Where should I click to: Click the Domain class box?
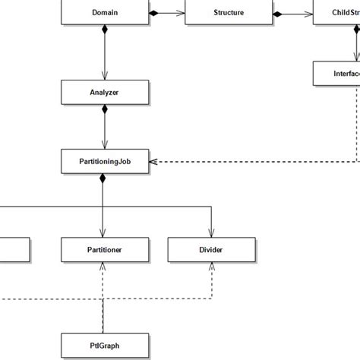[104, 13]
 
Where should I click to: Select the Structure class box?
[229, 13]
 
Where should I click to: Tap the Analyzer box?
[104, 92]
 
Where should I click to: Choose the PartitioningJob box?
[104, 161]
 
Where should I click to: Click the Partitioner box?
[104, 248]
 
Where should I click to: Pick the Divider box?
[210, 248]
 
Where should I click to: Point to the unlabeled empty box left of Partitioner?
[14, 248]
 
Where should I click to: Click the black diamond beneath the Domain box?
[104, 30]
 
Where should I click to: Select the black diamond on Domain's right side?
[153, 13]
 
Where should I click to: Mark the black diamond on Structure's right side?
[278, 13]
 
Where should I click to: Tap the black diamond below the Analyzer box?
[104, 109]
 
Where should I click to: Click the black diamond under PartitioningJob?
[104, 178]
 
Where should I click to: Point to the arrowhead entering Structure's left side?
[180, 13]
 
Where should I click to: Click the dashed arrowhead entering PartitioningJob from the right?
[153, 161]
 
